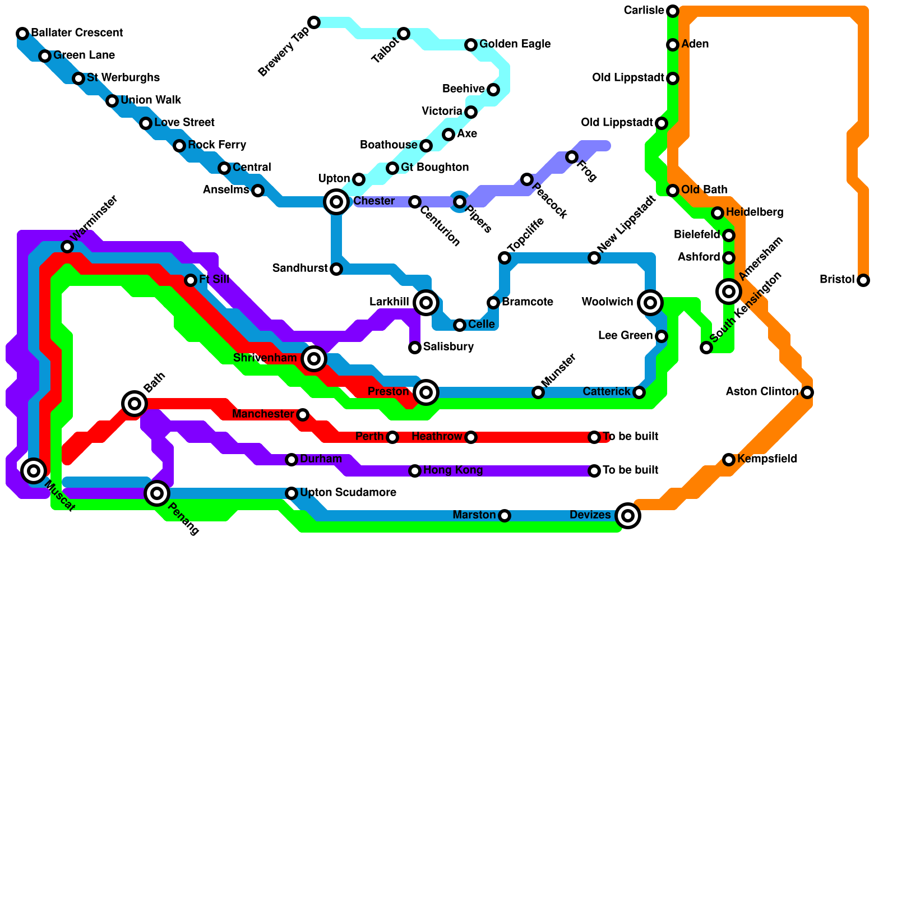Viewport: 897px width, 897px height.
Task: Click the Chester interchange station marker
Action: (336, 202)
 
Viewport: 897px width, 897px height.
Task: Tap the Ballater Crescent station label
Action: (77, 33)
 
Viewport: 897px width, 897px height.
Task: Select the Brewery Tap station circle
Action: (314, 22)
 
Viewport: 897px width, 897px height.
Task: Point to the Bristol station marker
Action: (863, 280)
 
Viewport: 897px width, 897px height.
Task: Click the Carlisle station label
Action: (644, 11)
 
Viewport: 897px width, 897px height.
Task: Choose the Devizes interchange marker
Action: (628, 516)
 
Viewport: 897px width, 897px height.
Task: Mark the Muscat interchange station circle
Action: (34, 471)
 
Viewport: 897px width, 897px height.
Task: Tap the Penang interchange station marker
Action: (157, 493)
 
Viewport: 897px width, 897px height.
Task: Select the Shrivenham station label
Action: (265, 358)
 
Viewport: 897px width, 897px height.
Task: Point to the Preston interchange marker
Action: (426, 392)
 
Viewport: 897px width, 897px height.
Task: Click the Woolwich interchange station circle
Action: (650, 303)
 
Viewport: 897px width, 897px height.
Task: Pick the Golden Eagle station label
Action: (515, 44)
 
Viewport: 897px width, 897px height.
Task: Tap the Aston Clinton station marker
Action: (807, 392)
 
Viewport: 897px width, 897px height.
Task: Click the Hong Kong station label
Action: (453, 470)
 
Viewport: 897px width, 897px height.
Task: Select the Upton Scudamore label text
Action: (348, 493)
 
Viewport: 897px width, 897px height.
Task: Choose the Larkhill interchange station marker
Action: (426, 303)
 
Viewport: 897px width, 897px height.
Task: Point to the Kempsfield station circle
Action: (729, 460)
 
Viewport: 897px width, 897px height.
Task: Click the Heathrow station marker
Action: (471, 437)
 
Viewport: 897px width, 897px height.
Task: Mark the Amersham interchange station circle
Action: (729, 291)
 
